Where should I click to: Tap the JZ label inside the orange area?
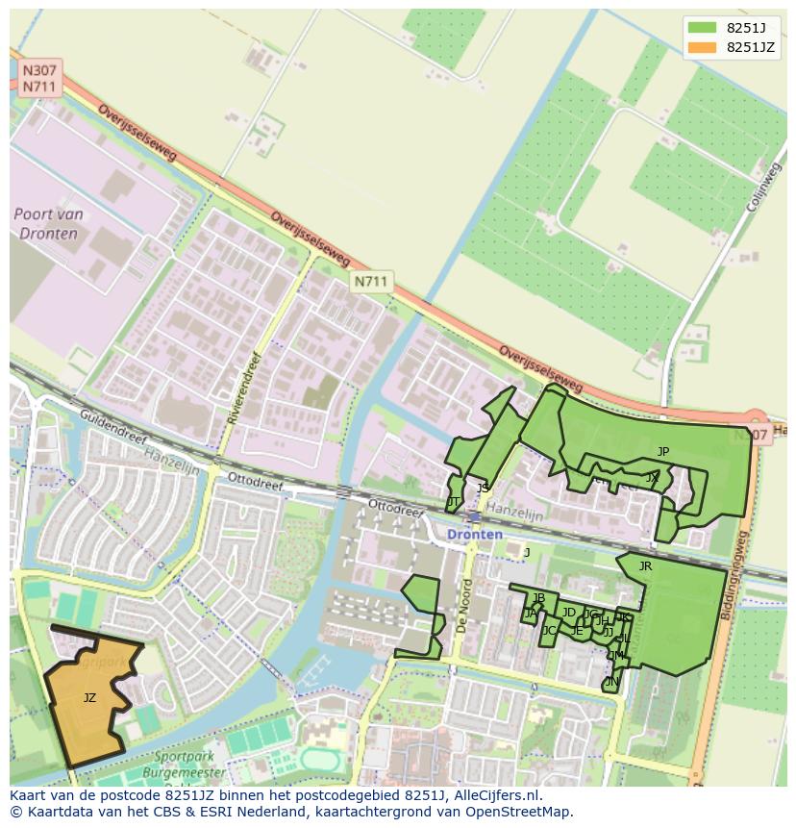pyautogui.click(x=89, y=698)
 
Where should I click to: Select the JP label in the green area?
pyautogui.click(x=662, y=451)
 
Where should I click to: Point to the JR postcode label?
pyautogui.click(x=645, y=566)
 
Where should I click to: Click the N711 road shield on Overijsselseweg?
pyautogui.click(x=370, y=282)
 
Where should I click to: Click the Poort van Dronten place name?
pyautogui.click(x=48, y=224)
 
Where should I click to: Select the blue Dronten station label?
pyautogui.click(x=474, y=535)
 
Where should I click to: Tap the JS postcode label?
pyautogui.click(x=483, y=489)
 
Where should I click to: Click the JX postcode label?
pyautogui.click(x=653, y=477)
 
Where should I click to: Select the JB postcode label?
pyautogui.click(x=538, y=598)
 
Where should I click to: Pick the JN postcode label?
pyautogui.click(x=611, y=682)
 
